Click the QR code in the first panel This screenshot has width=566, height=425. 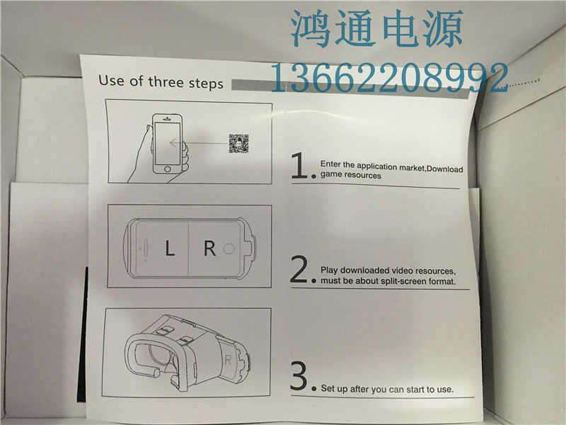point(238,144)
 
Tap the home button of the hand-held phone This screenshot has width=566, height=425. point(167,169)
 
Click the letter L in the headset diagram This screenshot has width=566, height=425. point(170,249)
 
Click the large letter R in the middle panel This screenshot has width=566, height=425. point(210,249)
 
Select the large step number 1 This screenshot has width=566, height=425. point(299,165)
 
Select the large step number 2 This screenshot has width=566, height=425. point(299,269)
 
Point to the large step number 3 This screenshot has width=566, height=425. point(299,376)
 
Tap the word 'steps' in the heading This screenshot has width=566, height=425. point(206,83)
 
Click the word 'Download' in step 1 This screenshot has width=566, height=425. point(445,169)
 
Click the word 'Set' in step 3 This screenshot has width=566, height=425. point(328,388)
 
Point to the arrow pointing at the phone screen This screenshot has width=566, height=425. point(199,143)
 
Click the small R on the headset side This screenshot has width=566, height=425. point(228,360)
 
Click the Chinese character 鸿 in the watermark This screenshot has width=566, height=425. point(311,28)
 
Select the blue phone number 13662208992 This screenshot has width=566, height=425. point(389,77)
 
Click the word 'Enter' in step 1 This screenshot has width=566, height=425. point(330,164)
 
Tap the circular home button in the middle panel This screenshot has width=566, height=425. point(229,249)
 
